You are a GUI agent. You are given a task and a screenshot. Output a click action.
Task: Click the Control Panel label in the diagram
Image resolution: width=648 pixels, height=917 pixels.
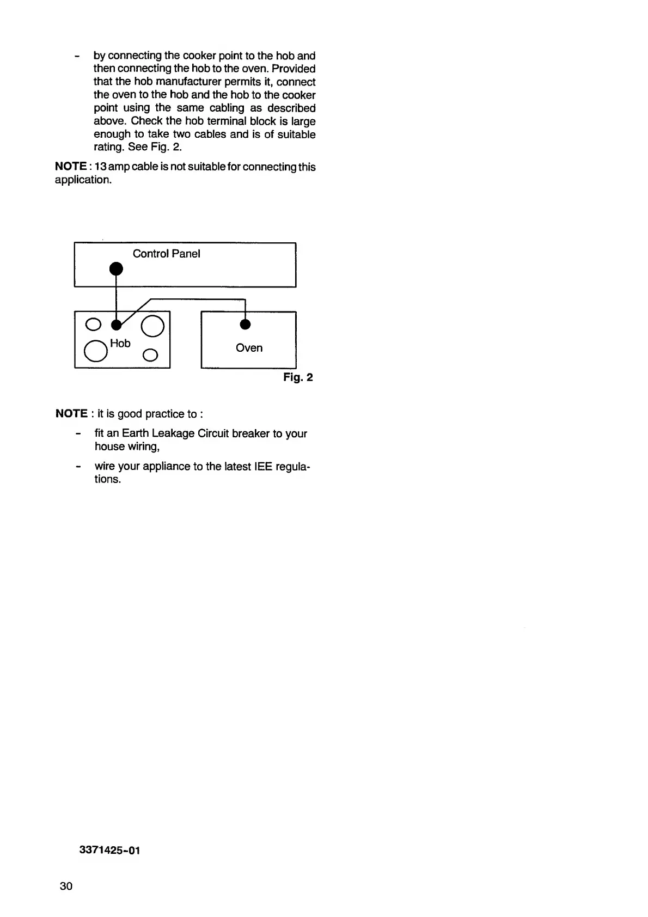point(166,254)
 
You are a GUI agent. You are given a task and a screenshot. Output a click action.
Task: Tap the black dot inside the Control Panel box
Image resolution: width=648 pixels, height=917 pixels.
point(115,268)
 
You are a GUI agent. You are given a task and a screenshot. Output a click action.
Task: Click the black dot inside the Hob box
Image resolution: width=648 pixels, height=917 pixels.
point(116,325)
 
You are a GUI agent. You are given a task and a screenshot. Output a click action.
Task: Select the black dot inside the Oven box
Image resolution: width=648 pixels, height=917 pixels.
point(245,325)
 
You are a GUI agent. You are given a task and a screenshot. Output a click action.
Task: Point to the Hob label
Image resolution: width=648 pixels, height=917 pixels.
point(120,343)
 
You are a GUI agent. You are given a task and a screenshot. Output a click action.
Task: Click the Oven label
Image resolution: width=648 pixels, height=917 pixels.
point(249,348)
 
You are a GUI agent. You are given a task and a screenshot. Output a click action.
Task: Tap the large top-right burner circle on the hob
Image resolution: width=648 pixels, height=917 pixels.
point(152,326)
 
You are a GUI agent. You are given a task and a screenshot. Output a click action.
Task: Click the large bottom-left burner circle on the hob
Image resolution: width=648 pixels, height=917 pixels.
point(95,351)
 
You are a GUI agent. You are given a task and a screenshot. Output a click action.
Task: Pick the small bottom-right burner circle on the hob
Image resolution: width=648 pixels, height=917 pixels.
point(150,356)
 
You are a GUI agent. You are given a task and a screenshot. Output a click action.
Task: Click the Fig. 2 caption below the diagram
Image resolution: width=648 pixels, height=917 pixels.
point(298,377)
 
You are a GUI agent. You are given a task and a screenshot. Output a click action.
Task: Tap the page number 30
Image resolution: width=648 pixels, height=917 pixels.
point(66,886)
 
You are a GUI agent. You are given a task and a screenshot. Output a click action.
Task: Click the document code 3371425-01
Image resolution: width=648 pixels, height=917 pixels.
point(109,851)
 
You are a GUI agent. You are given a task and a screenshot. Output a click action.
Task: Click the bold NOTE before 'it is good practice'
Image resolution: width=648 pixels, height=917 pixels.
point(71,414)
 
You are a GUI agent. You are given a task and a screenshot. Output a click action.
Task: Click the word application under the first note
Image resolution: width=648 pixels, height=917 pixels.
point(83,180)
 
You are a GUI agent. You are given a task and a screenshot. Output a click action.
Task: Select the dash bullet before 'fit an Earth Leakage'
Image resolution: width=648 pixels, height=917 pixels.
point(79,434)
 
